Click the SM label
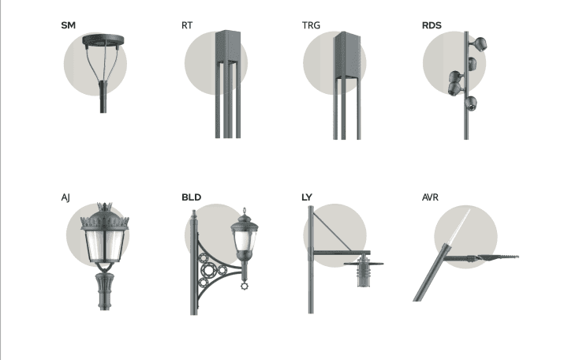click(68, 25)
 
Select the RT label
click(187, 25)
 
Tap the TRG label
click(311, 25)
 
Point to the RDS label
click(432, 25)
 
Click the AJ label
click(65, 197)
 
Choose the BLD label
click(191, 197)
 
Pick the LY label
click(307, 197)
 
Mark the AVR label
click(431, 197)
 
